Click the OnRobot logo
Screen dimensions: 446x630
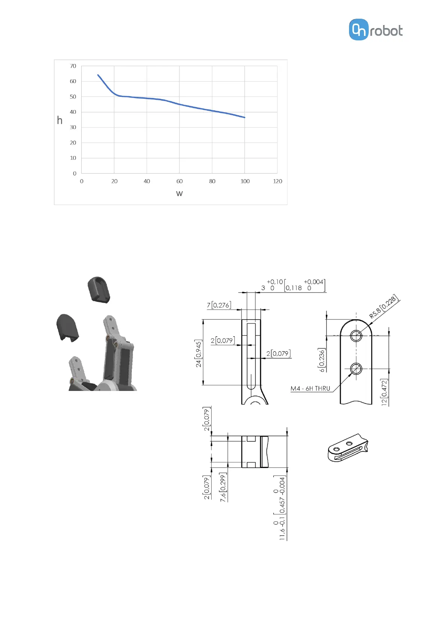tap(376, 30)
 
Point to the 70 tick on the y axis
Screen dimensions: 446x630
tap(73, 66)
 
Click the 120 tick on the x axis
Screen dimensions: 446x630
tap(277, 181)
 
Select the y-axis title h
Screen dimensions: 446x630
tap(60, 120)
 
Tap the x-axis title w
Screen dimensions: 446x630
tap(179, 193)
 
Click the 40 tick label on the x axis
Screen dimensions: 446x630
tap(147, 181)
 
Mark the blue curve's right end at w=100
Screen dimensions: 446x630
tap(245, 117)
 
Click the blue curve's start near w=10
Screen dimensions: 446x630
tap(98, 75)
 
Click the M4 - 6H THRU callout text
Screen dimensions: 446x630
tap(310, 388)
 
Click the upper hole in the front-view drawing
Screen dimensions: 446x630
tap(356, 336)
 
